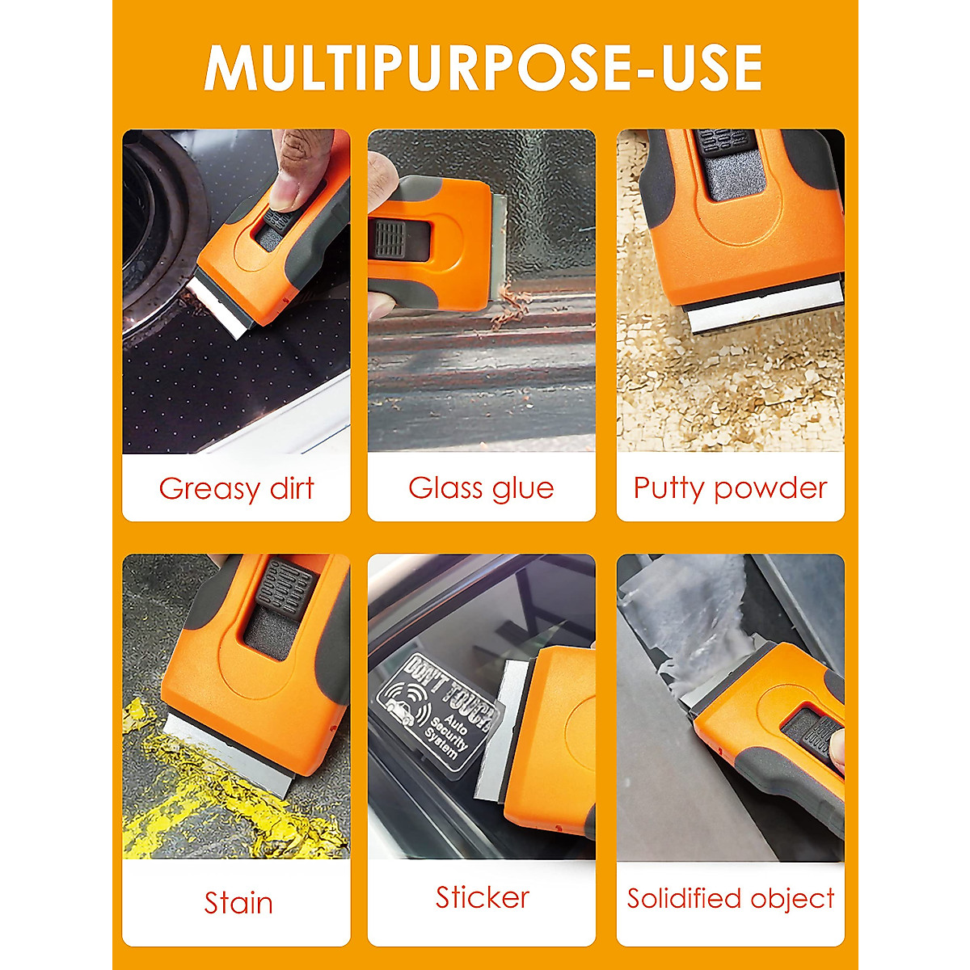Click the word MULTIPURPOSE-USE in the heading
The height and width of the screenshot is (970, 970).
pyautogui.click(x=483, y=68)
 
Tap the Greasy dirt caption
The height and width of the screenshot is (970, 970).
pyautogui.click(x=236, y=489)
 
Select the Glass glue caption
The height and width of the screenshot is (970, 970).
pyautogui.click(x=481, y=488)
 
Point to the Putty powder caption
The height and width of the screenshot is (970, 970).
pyautogui.click(x=730, y=488)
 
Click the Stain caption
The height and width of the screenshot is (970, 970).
pyautogui.click(x=238, y=903)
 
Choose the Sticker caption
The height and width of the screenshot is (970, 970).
pyautogui.click(x=482, y=897)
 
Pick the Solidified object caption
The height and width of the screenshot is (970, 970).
pyautogui.click(x=730, y=898)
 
